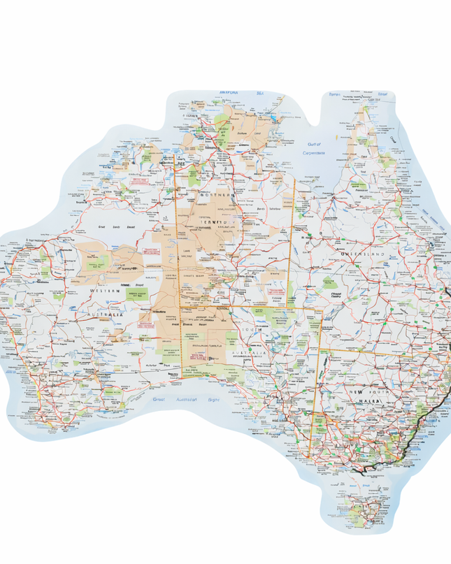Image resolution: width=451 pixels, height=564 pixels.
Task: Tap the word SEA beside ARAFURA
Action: pos(260,92)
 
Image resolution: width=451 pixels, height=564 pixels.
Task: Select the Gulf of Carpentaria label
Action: pos(314,149)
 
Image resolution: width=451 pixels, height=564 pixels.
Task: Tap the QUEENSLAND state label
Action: pos(363,254)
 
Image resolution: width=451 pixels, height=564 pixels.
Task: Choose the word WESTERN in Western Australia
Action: pos(104,290)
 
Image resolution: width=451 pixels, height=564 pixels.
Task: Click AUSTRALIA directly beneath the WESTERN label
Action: pos(105,315)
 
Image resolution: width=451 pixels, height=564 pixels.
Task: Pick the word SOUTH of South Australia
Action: pos(251,328)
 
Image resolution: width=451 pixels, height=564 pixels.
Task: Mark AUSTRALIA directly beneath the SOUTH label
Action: pos(251,354)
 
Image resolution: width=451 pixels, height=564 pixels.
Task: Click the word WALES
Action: pos(371,403)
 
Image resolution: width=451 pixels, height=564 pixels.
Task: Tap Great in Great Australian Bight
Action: pos(159,399)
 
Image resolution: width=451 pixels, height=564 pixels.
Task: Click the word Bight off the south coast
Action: pos(213,400)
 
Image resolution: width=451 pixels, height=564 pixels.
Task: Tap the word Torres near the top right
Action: pos(335,94)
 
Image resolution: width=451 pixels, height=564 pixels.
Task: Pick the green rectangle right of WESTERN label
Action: pos(131,292)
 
